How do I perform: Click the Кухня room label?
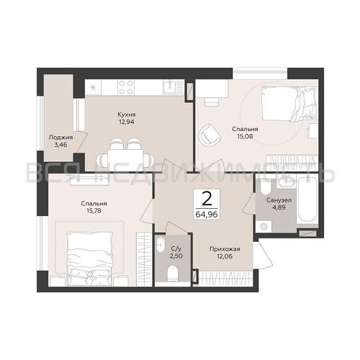(127, 114)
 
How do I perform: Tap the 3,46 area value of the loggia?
(60, 145)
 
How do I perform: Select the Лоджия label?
(60, 138)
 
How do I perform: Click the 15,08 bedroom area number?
(245, 136)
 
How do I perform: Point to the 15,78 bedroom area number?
(94, 211)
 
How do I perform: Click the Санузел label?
(279, 199)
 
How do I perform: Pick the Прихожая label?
(225, 249)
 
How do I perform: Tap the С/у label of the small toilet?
(176, 249)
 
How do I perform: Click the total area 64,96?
(207, 214)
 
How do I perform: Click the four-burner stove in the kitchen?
(126, 87)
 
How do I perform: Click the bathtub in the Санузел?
(307, 199)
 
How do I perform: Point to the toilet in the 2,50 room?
(173, 274)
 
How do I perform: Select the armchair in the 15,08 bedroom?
(210, 135)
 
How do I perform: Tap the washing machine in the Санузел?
(264, 227)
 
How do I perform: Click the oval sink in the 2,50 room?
(160, 245)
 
